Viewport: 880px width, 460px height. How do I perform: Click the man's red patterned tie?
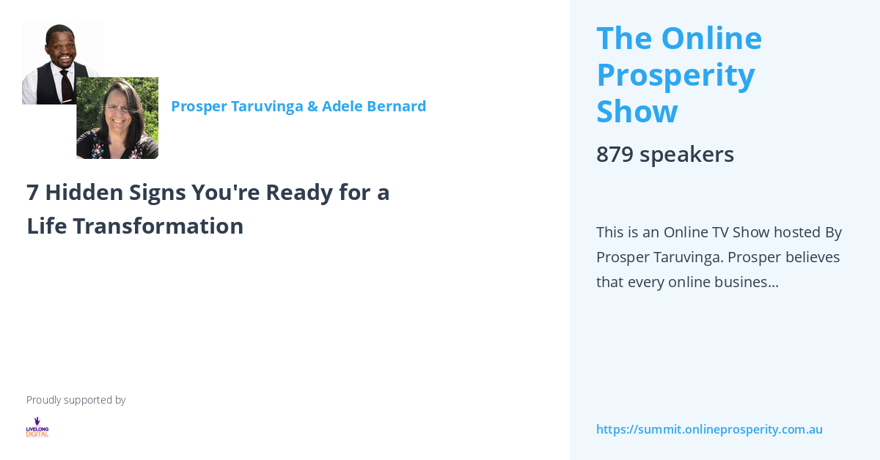pos(67,86)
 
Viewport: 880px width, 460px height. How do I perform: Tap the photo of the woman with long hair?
pos(117,118)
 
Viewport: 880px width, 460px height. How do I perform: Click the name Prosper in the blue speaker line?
pos(199,106)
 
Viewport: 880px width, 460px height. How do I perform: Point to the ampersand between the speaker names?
pos(312,106)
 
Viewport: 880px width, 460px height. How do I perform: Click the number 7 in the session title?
pos(33,193)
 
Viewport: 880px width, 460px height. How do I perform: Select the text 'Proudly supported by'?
pos(76,400)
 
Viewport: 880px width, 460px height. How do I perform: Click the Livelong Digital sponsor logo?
pos(37,427)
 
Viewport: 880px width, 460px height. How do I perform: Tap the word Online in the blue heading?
pos(711,38)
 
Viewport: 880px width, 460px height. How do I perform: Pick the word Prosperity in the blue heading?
pos(675,75)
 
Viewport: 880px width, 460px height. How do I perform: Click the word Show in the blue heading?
pos(637,111)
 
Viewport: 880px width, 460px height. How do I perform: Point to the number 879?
pos(615,155)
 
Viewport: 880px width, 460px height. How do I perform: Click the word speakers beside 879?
pos(686,155)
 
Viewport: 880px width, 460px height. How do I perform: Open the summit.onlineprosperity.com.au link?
pos(709,429)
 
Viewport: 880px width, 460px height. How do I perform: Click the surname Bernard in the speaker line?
pos(397,106)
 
